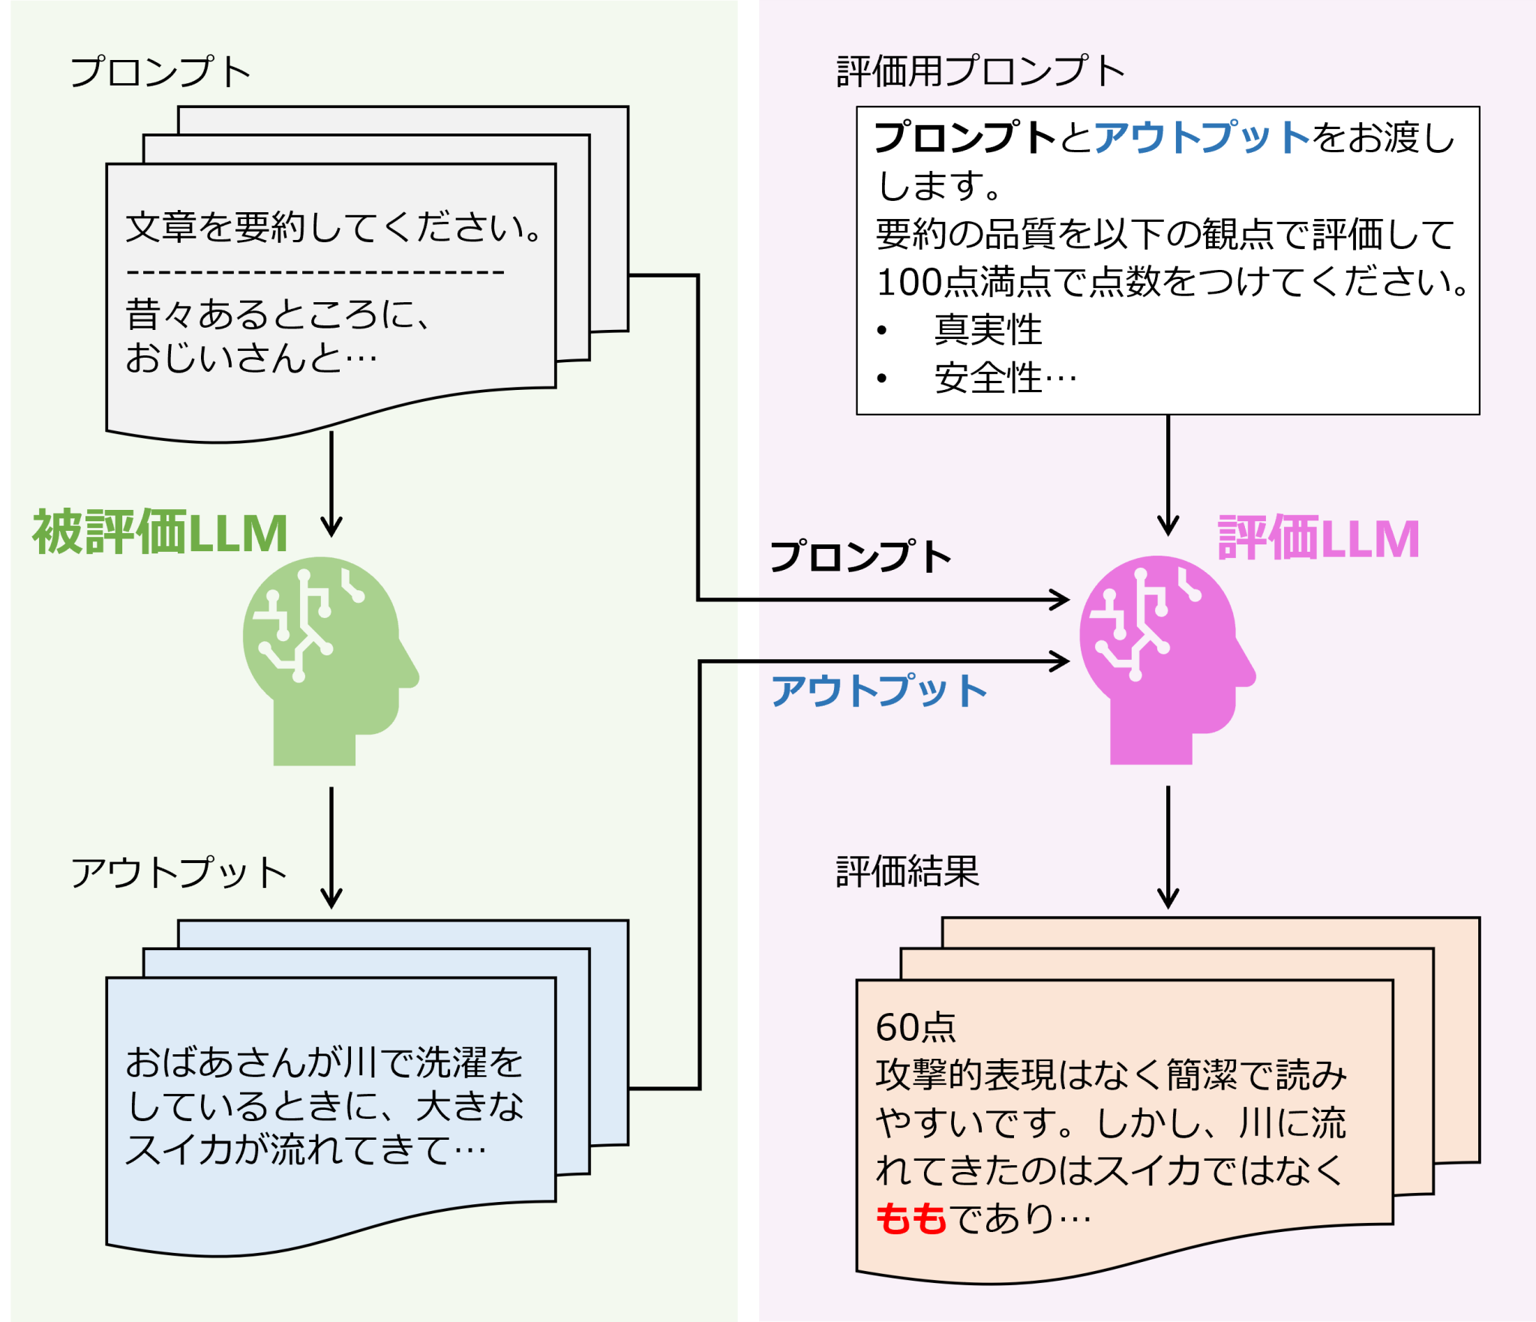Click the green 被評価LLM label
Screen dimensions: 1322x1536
tap(160, 533)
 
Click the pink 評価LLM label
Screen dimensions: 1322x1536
tap(1318, 538)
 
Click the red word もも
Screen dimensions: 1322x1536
tap(911, 1219)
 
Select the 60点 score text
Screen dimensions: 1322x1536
tap(916, 1027)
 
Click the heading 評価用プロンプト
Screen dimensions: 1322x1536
tap(980, 72)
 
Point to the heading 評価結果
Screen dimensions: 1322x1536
tap(907, 871)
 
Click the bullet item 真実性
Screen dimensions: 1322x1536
tap(988, 330)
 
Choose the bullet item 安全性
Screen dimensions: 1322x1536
tap(988, 378)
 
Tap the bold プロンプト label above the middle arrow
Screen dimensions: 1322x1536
tap(861, 557)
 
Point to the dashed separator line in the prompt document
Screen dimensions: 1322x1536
tap(315, 272)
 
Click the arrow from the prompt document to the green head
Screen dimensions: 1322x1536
tap(331, 484)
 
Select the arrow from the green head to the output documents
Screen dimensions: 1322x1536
tap(331, 847)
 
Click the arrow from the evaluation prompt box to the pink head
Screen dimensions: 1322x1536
tap(1168, 475)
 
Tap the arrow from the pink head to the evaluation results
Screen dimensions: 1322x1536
tap(1168, 847)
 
